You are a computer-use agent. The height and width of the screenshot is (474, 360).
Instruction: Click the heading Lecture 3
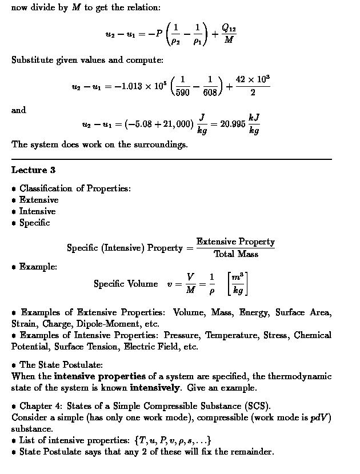coord(33,170)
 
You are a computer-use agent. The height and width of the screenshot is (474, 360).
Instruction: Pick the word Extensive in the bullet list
coord(39,200)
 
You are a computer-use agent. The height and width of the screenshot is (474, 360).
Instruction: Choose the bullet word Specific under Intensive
coord(35,223)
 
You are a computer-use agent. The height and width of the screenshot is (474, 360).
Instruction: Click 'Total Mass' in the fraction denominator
coord(236,254)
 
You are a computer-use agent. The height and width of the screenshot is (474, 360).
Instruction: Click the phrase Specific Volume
coord(126,284)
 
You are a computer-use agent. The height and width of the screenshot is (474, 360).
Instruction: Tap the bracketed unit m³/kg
coord(238,284)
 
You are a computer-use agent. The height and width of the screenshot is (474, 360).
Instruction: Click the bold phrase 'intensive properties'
coord(100,376)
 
